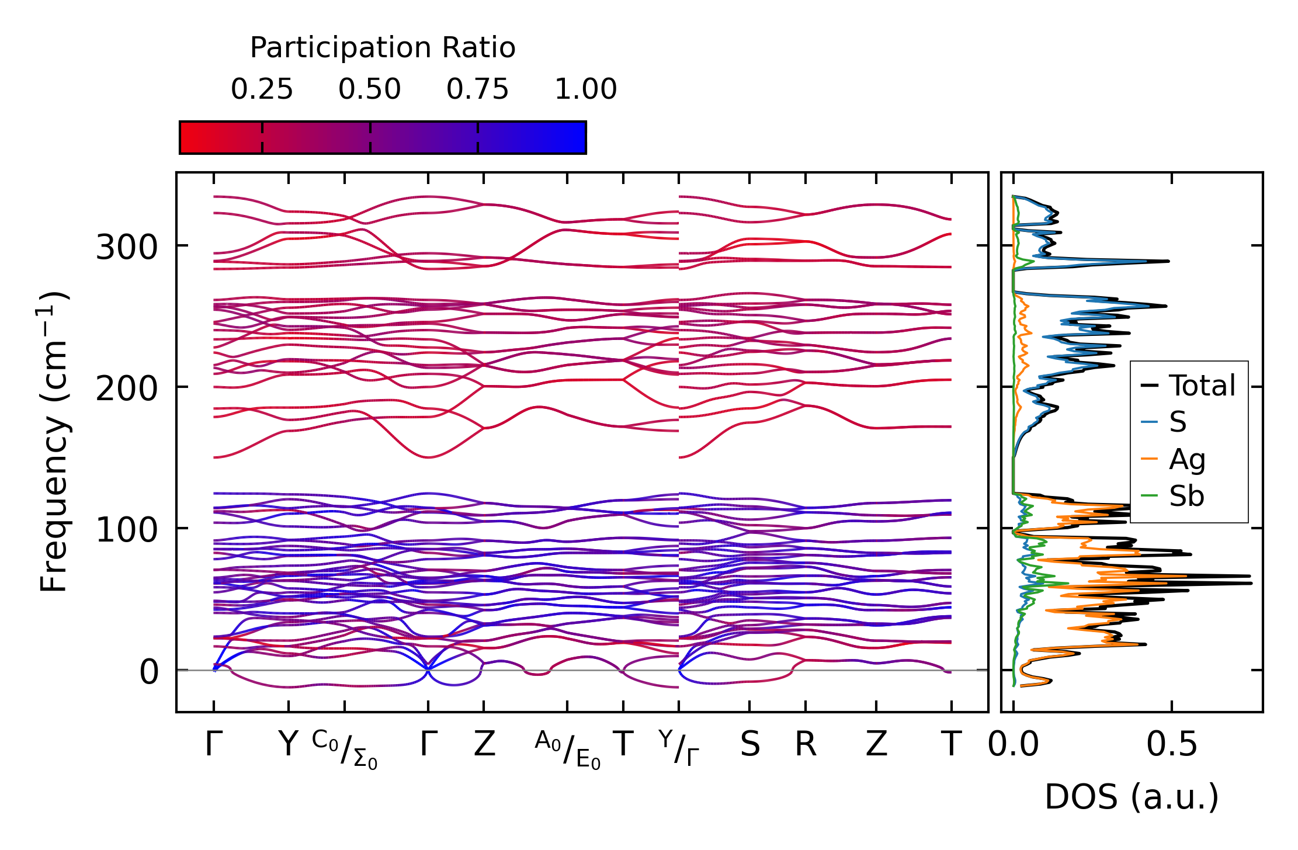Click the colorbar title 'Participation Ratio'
click(383, 48)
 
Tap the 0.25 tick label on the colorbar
click(262, 90)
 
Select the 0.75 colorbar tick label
click(477, 90)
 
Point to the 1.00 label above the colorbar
click(585, 90)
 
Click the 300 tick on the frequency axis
click(126, 247)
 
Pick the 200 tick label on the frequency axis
click(126, 388)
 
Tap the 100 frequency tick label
click(126, 530)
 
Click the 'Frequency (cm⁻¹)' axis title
click(54, 442)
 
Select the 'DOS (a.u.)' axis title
click(1132, 797)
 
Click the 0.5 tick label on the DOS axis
click(1171, 745)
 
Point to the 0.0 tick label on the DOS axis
click(1013, 745)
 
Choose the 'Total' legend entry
click(1202, 386)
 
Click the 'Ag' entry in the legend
click(1186, 460)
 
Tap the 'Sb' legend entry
click(1186, 497)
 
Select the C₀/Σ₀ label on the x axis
click(345, 748)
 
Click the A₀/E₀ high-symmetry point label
click(567, 748)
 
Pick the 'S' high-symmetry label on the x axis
click(749, 745)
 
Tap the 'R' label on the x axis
click(806, 745)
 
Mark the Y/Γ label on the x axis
click(678, 747)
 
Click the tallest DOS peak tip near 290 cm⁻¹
click(1168, 261)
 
